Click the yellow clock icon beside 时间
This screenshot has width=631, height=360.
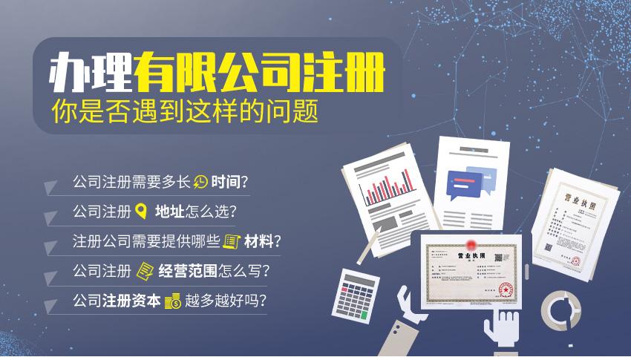point(200,181)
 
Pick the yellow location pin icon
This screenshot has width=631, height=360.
point(140,212)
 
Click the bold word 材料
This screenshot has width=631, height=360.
point(260,241)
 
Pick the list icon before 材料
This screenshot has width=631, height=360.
point(232,241)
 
